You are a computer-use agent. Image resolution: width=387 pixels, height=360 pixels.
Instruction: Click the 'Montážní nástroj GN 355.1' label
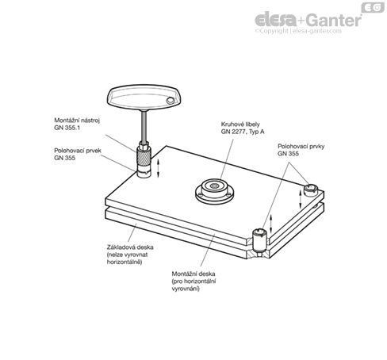pos(77,124)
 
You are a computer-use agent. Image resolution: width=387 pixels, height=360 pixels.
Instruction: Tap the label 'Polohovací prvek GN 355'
pos(78,154)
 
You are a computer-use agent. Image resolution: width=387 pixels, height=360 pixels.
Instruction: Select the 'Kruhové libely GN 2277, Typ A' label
pos(243,128)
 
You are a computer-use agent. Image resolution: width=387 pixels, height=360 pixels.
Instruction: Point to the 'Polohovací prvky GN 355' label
pos(301,150)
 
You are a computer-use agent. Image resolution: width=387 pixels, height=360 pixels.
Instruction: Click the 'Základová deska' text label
pos(130,247)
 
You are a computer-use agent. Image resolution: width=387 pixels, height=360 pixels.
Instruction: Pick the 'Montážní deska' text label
pos(193,274)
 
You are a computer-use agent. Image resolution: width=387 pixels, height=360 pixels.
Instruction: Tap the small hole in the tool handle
pos(170,100)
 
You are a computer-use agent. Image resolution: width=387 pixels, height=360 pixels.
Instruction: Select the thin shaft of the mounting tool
pos(144,126)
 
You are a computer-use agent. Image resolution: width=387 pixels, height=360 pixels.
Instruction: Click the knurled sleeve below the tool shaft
pos(144,157)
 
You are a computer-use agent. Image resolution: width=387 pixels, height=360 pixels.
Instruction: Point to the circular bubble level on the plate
pos(214,191)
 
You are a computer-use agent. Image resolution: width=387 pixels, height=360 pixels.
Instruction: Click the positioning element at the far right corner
pos(310,190)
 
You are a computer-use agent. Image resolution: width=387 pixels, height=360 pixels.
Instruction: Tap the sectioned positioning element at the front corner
pos(259,241)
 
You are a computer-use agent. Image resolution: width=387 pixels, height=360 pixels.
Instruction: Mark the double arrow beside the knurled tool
pos(159,168)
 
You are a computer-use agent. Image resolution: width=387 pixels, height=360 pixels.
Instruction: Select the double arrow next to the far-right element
pos(300,199)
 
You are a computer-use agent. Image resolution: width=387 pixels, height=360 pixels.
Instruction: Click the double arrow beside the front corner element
pos(270,224)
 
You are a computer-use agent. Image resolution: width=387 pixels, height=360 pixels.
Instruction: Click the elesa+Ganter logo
pos(308,21)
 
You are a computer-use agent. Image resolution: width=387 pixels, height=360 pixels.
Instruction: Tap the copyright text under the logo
pos(298,31)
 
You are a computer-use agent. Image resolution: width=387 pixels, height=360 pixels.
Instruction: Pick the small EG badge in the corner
pos(373,7)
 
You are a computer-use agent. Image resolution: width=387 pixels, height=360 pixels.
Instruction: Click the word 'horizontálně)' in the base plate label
pos(125,262)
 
